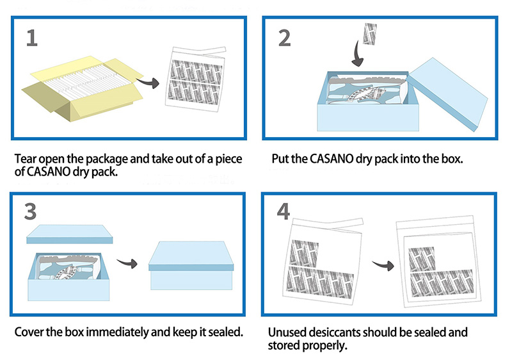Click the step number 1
[31, 38]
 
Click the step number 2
[285, 38]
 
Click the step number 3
[31, 212]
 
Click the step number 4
[284, 212]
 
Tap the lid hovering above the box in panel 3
[69, 236]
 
